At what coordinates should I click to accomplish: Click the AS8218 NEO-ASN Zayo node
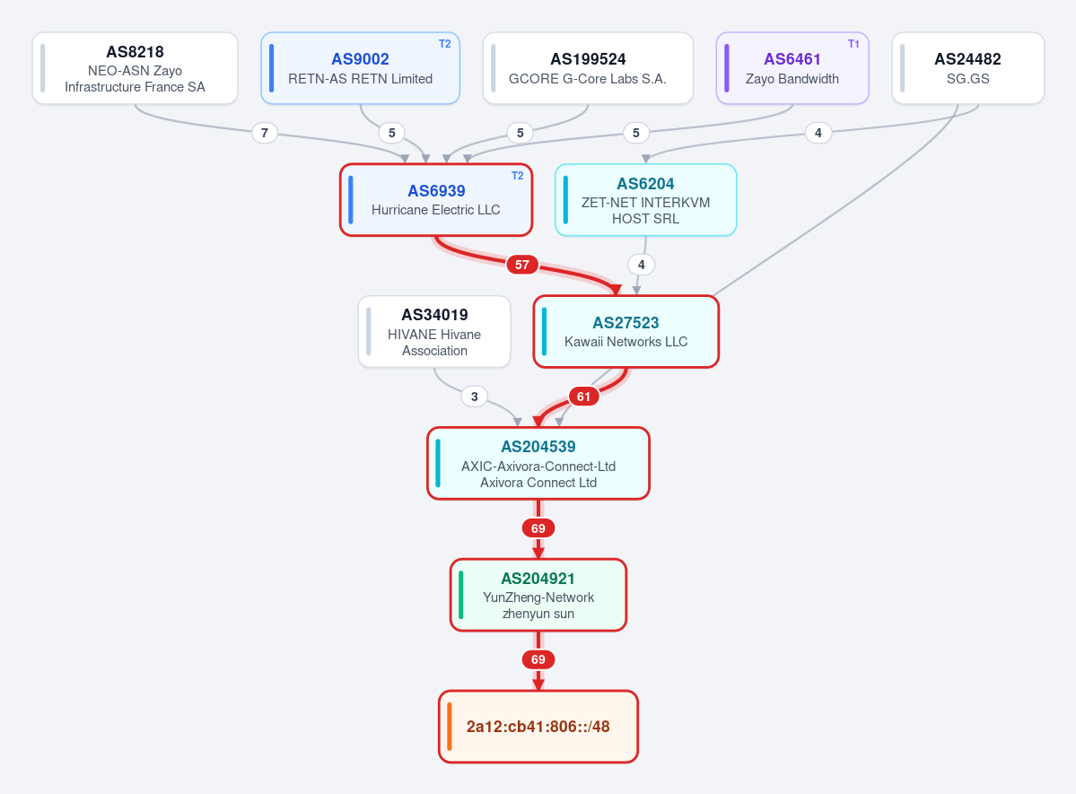coord(136,68)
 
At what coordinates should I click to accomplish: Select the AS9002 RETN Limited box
coord(360,68)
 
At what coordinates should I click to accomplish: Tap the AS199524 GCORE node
coord(588,68)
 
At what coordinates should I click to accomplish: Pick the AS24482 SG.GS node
coord(967,68)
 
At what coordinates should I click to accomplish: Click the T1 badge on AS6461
coord(853,44)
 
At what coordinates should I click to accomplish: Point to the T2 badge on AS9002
coord(445,44)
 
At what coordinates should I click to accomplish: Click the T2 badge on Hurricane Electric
coord(518,176)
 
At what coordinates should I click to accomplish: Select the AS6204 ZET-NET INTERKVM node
coord(646,200)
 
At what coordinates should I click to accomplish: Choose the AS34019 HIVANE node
coord(434,332)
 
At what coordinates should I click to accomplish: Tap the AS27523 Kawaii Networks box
coord(625,332)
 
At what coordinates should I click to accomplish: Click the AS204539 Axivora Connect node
coord(538,464)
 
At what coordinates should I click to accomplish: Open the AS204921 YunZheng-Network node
coord(538,595)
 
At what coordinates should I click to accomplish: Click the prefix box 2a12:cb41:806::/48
coord(538,727)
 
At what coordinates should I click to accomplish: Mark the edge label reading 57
coord(522,265)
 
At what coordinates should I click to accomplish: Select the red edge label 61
coord(583,397)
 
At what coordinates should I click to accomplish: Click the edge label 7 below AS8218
coord(265,133)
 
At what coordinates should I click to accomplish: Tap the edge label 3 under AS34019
coord(474,397)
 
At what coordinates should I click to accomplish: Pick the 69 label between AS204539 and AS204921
coord(538,528)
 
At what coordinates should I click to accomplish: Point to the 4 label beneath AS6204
coord(641,265)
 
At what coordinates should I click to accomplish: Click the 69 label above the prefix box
coord(538,660)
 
